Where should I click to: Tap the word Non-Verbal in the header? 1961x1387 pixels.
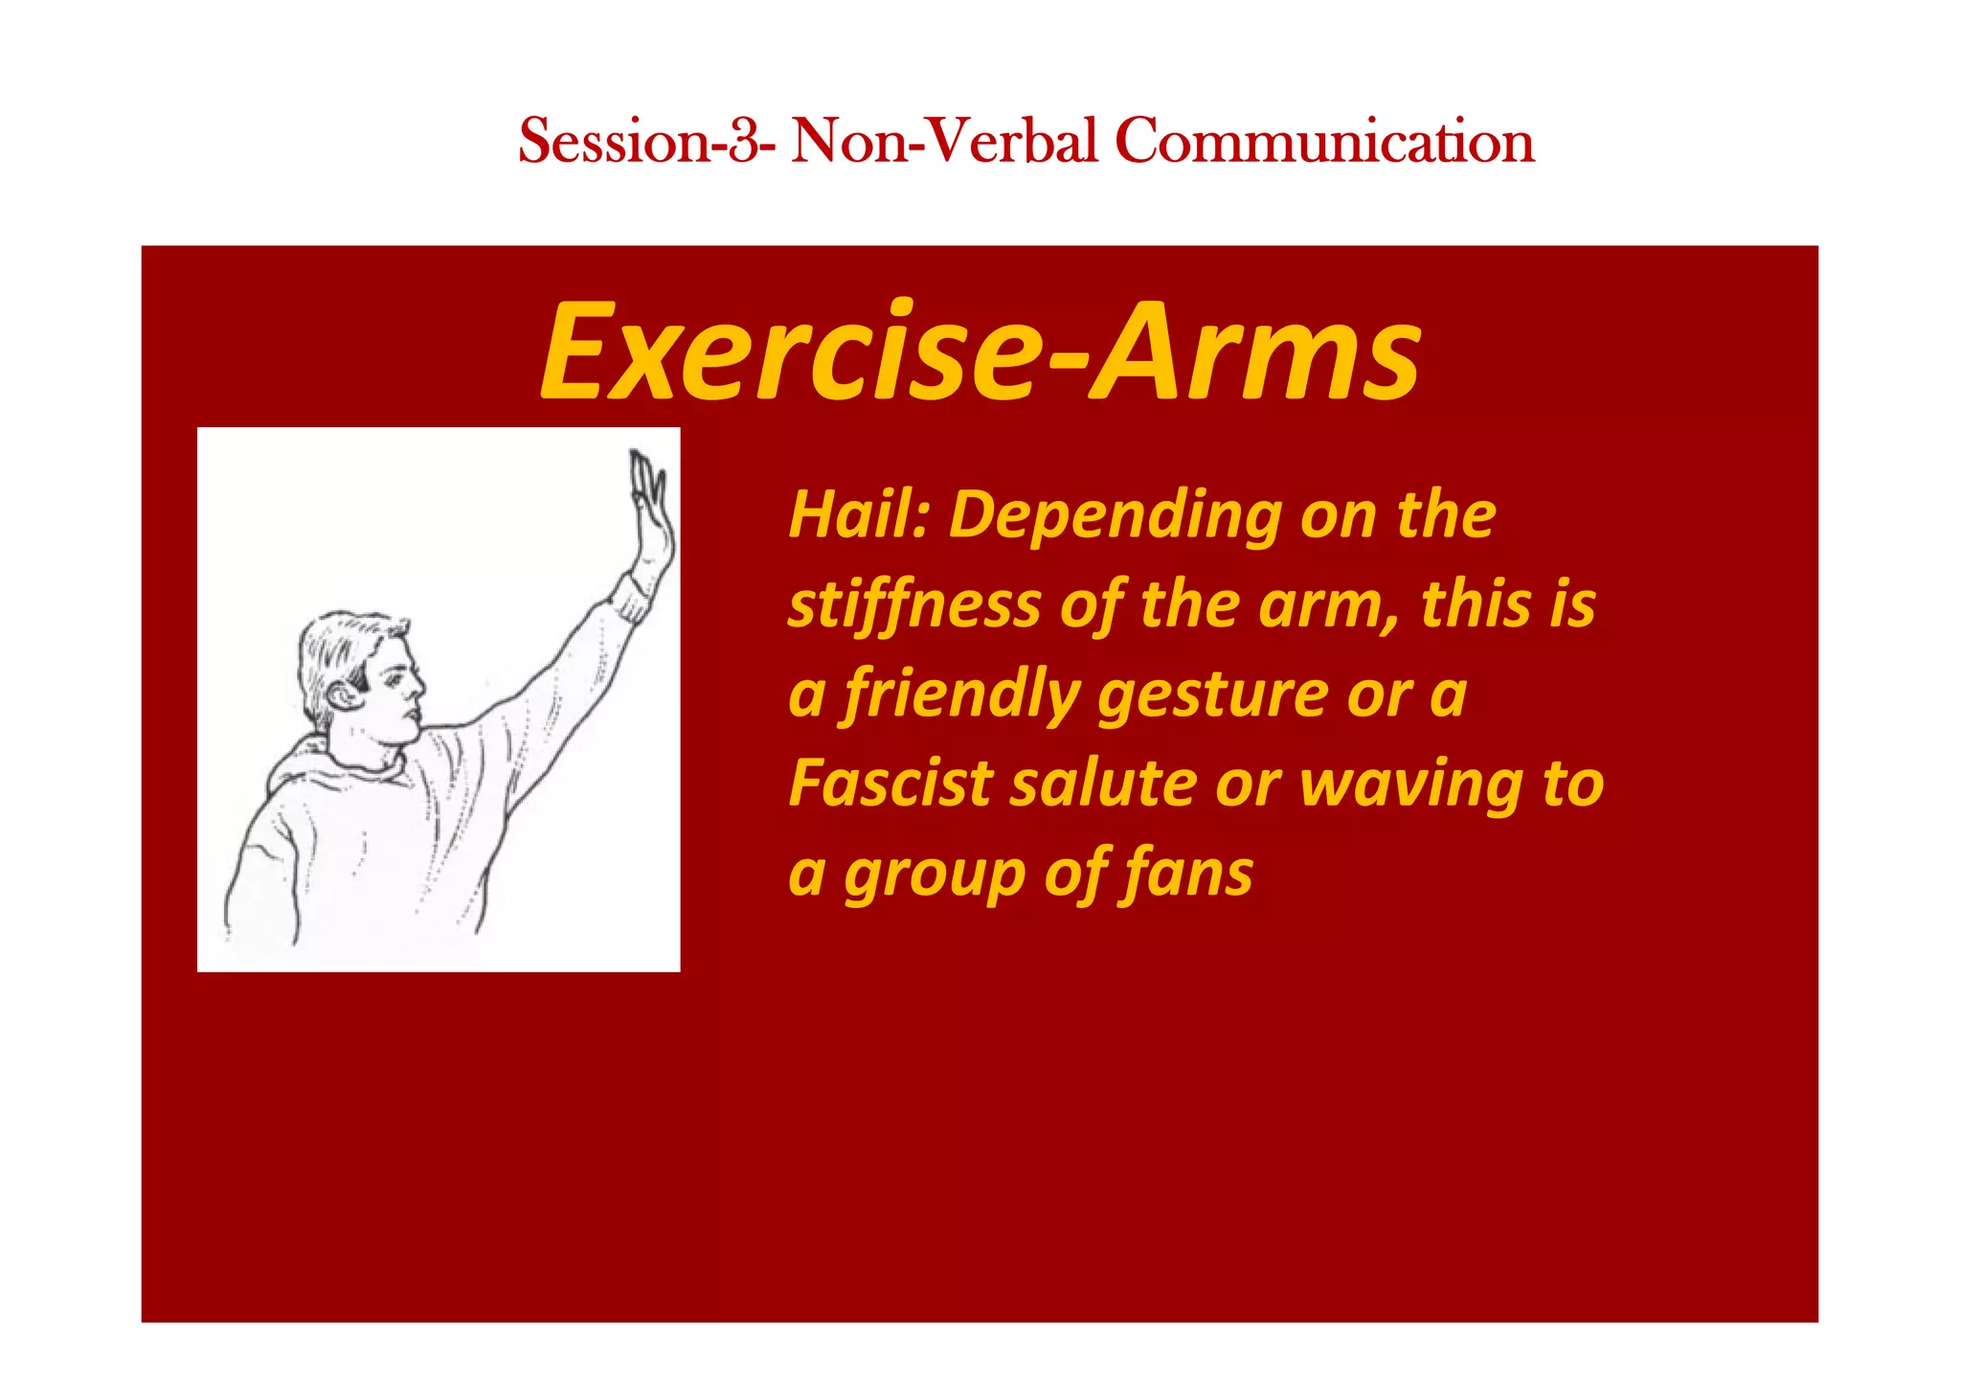(x=944, y=141)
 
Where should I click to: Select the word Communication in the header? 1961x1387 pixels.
(x=1324, y=141)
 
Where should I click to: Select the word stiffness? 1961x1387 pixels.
(x=913, y=606)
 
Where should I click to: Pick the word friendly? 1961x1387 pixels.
(x=960, y=695)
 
